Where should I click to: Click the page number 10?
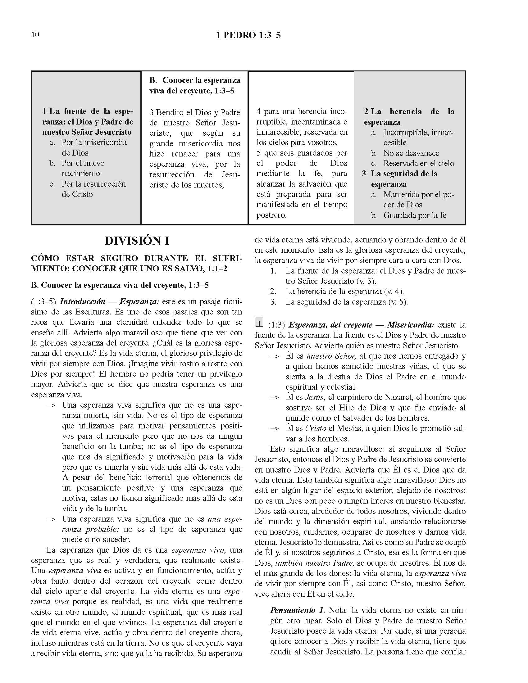pos(35,35)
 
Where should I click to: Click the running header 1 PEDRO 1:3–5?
pos(248,35)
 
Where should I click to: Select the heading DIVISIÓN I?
pos(137,241)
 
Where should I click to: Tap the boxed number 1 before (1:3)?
pos(259,323)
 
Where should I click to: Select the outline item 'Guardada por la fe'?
pos(414,215)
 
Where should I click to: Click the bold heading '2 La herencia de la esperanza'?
pos(409,117)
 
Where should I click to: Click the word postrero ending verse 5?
pos(271,215)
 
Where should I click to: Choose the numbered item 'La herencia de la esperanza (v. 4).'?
pos(344,292)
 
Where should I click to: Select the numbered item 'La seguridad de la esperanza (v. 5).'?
pos(347,302)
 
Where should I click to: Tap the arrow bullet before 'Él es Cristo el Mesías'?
pos(274,429)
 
